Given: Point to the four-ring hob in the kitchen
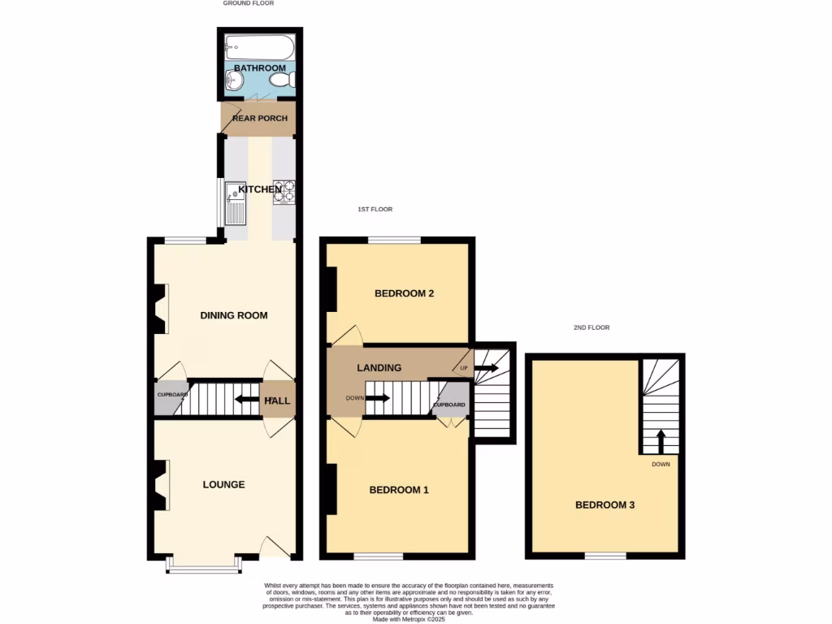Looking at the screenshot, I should (x=284, y=192).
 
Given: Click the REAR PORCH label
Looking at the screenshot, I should (x=260, y=119).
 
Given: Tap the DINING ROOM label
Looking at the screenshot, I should (x=234, y=315).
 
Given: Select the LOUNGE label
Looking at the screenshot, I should (x=224, y=485).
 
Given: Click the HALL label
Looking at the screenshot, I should (x=278, y=401).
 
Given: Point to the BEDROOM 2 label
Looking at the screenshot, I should (x=404, y=293).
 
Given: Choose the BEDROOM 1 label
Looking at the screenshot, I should (x=399, y=490).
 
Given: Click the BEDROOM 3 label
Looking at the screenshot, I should (x=604, y=505).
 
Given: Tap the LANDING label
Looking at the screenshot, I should (x=379, y=368).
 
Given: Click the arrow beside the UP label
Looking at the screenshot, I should (x=486, y=368).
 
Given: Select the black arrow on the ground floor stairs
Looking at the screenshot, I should (x=245, y=399).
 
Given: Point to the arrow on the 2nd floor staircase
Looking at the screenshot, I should (x=661, y=442).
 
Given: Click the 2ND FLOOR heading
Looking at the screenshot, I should (x=591, y=327).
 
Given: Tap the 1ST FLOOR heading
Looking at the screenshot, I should (x=375, y=210).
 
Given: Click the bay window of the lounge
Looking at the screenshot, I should (x=204, y=564).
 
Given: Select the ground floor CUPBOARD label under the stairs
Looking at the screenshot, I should (x=171, y=396).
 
